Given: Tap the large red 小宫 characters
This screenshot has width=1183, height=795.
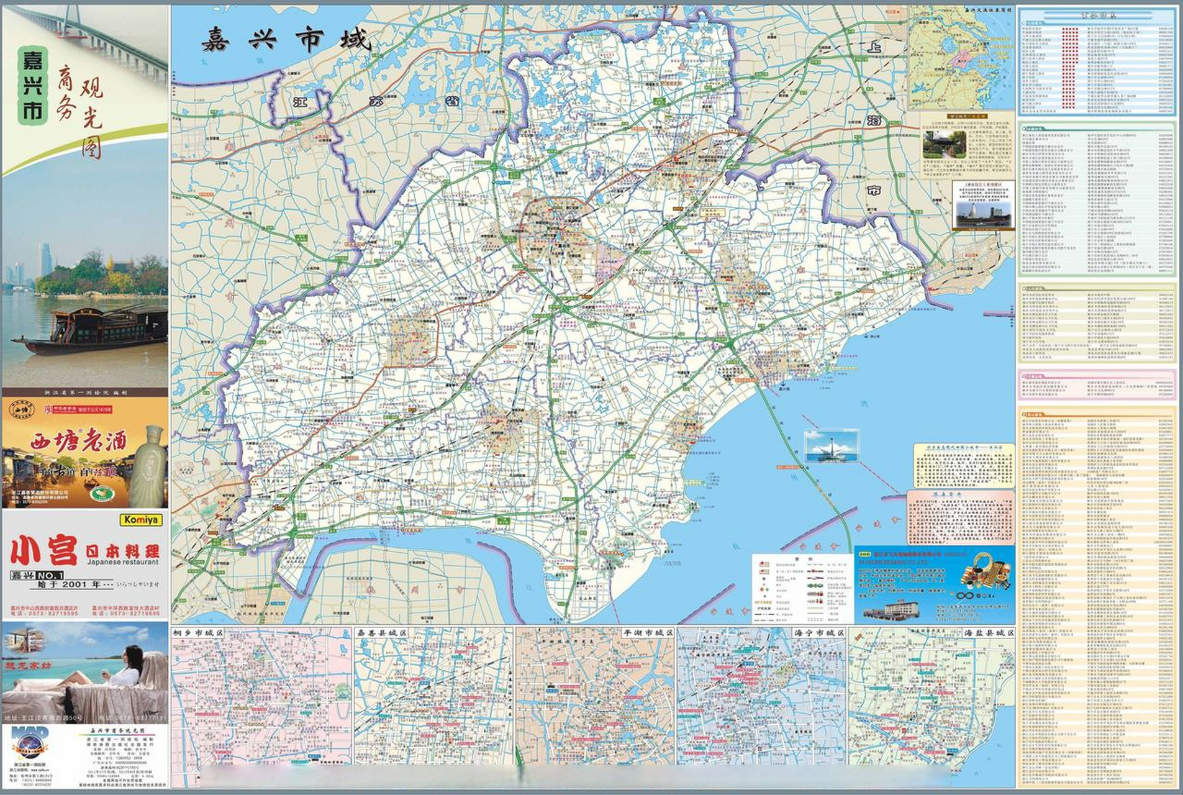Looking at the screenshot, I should [43, 552].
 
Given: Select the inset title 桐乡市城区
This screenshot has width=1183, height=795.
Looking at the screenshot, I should [197, 632].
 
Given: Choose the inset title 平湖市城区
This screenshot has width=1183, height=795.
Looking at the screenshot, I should [648, 632].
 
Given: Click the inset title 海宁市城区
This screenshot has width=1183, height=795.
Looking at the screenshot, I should [819, 632].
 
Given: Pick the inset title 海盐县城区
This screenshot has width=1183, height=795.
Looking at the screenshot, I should [989, 632].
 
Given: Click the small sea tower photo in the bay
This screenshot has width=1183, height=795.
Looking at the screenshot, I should [831, 446].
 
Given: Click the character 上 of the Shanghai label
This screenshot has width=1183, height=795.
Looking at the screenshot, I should [876, 47].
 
